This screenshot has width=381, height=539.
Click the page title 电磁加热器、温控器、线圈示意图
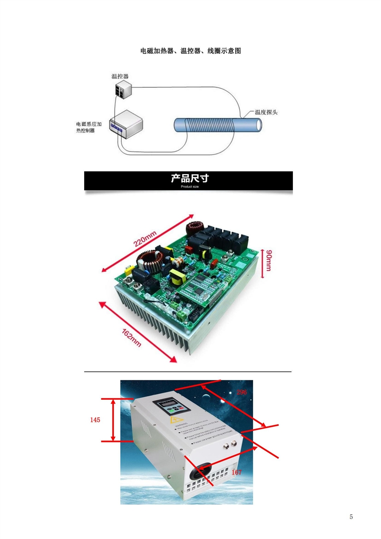[190, 51]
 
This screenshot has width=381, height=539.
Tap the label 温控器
[120, 76]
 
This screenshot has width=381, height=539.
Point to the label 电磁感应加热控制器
[89, 127]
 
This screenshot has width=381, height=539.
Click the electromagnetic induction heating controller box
[125, 125]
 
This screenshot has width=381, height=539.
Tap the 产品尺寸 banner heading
[189, 179]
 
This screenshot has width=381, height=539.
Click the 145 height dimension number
[95, 420]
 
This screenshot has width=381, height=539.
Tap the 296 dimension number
[241, 392]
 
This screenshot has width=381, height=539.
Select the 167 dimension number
[237, 473]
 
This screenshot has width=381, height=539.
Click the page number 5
[351, 517]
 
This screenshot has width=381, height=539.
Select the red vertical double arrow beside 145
[114, 420]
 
